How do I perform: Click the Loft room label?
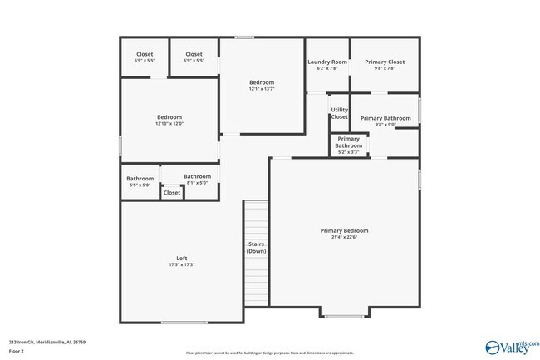(x=180, y=258)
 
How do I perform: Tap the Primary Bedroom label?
(x=344, y=230)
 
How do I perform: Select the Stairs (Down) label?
(x=256, y=247)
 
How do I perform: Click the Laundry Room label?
(x=326, y=62)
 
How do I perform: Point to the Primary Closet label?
(x=384, y=62)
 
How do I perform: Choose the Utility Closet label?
(x=339, y=113)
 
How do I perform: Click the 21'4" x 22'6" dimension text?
(x=344, y=238)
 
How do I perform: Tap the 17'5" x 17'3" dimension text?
(x=180, y=265)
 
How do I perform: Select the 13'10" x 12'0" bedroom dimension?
(x=169, y=124)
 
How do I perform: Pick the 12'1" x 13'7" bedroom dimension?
(x=262, y=89)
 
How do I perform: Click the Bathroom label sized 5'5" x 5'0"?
(x=140, y=179)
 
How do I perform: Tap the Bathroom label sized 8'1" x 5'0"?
(x=197, y=176)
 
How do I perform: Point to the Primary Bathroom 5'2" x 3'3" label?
(x=348, y=142)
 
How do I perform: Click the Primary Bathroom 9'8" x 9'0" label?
(x=385, y=118)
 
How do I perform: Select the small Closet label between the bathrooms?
(x=172, y=193)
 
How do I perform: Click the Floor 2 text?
(x=17, y=351)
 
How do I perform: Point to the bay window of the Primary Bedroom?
(x=343, y=315)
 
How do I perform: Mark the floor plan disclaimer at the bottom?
(x=270, y=353)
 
